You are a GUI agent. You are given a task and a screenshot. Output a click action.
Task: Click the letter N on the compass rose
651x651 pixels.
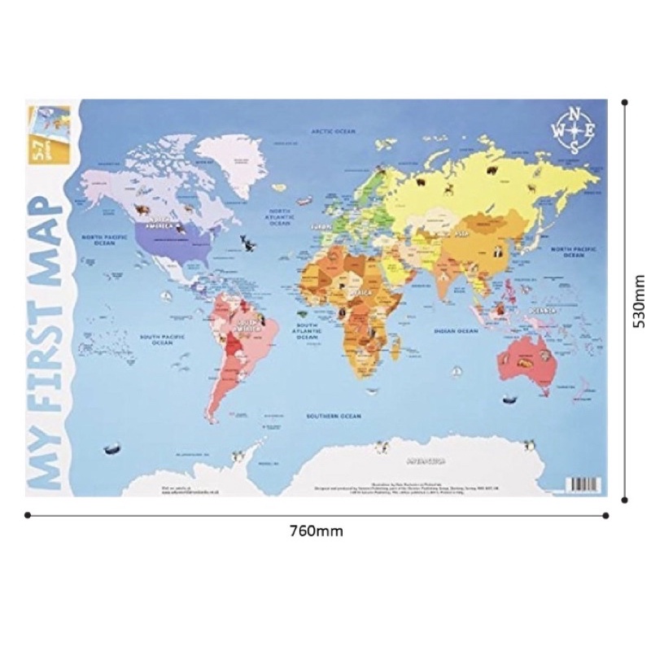point(576,113)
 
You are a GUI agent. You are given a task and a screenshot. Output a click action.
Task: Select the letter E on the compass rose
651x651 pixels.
point(593,130)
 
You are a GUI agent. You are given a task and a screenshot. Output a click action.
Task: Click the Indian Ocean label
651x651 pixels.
point(455,332)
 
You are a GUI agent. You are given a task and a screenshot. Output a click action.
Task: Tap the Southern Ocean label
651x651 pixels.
point(333,416)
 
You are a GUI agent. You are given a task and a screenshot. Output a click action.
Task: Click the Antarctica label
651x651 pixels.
point(426,460)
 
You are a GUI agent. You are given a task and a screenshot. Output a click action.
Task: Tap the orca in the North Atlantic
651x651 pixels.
point(247,241)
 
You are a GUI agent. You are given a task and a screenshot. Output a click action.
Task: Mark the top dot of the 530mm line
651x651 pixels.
point(624,103)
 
